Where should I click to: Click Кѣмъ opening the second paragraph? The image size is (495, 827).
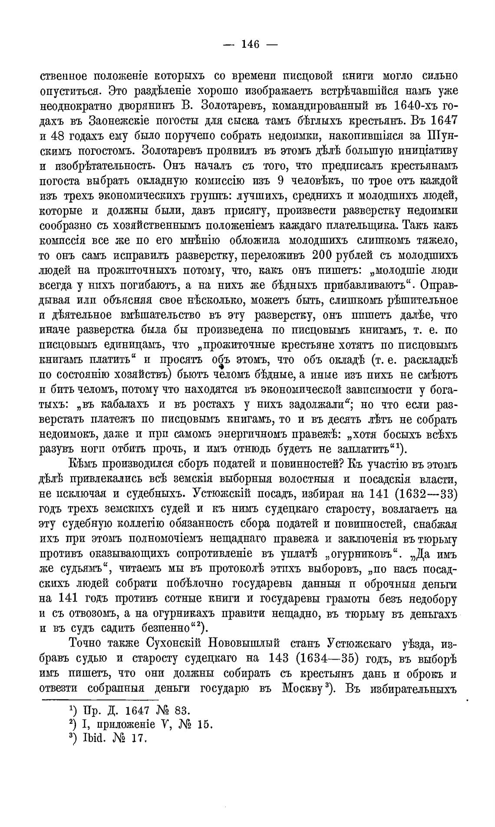point(82,464)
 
